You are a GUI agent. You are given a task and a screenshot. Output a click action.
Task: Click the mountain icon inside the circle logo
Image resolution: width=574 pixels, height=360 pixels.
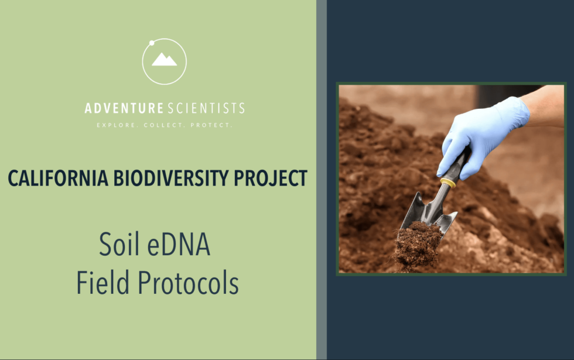tap(164, 60)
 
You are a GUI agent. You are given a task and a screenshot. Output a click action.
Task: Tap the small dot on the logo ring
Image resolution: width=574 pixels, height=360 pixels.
tap(152, 43)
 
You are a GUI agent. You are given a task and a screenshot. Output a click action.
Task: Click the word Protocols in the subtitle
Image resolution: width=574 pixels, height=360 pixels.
tap(188, 283)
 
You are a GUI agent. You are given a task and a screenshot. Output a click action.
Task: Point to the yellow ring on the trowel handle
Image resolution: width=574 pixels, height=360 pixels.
tap(448, 183)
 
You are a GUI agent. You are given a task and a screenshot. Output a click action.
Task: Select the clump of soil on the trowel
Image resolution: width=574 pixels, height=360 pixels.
tap(416, 245)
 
